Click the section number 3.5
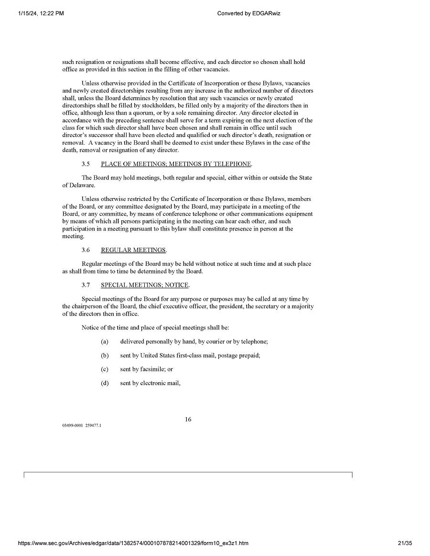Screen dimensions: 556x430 pos(86,164)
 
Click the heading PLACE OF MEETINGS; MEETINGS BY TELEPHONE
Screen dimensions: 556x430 pos(176,164)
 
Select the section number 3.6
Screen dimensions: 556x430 pos(86,250)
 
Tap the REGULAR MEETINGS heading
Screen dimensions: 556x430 pos(133,250)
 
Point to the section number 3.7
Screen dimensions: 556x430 pos(86,285)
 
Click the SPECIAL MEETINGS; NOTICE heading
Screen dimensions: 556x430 pos(145,285)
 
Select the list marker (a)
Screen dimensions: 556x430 pos(105,342)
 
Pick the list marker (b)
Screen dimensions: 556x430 pos(105,356)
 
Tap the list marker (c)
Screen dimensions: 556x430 pos(105,369)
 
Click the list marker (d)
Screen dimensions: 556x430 pos(105,383)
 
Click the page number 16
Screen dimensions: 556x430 pos(188,420)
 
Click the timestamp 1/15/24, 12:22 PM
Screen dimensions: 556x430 pos(41,13)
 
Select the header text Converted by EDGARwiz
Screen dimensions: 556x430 pos(248,13)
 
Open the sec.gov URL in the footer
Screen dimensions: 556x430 pos(133,543)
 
